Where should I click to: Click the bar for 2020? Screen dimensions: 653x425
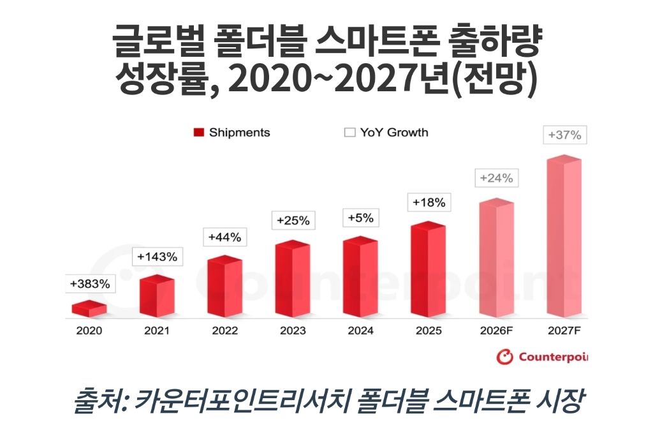coord(89,308)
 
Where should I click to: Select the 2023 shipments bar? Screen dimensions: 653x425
coord(292,278)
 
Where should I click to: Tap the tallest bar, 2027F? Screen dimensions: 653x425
coord(564,236)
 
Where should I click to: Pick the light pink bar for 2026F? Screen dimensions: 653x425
coord(496,258)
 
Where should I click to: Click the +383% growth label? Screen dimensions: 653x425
coord(90,284)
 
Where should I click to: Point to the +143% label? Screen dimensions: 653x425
coord(157,257)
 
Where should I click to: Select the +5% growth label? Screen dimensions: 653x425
coord(361,218)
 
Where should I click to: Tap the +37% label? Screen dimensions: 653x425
coord(565,135)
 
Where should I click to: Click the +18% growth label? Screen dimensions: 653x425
coord(429,202)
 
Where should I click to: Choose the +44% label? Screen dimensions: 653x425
coord(225,237)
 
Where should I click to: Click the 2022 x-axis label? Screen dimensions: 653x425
coord(225,331)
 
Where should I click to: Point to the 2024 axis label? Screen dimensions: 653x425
coord(361,331)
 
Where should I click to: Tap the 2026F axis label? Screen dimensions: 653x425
coord(496,331)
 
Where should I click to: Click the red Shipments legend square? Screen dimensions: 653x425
coord(199,133)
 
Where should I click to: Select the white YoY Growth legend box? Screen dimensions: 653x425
coord(350,133)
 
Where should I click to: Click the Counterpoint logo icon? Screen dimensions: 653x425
coord(504,357)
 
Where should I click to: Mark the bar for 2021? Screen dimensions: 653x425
coord(157,296)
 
